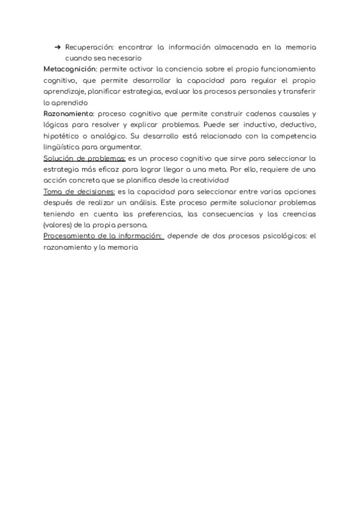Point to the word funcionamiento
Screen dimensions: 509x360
tap(286, 69)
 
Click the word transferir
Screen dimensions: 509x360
tap(299, 91)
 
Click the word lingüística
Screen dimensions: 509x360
tap(61, 147)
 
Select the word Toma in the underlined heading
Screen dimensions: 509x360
tap(52, 191)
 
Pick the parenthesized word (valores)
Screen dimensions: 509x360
tap(57, 224)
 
